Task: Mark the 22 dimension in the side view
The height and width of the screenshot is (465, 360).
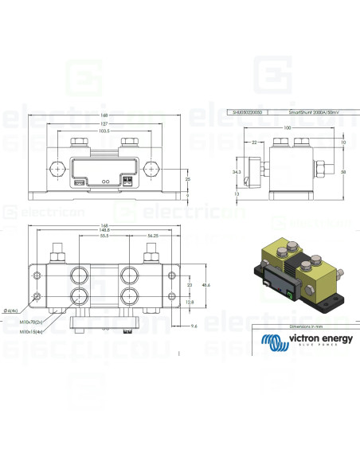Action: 253,142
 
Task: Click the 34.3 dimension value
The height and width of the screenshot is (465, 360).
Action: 237,170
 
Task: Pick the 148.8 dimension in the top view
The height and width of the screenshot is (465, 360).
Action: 100,231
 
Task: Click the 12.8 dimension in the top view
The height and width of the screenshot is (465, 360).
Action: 189,303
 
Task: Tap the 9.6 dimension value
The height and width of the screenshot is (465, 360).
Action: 194,326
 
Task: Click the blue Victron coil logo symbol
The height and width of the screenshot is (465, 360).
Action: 276,342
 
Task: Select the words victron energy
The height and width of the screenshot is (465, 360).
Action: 317,338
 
